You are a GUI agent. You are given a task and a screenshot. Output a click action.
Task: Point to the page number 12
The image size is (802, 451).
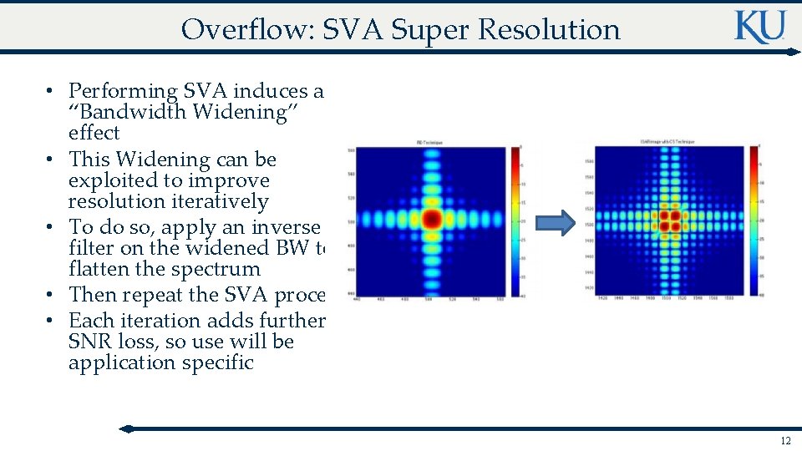[x=784, y=440]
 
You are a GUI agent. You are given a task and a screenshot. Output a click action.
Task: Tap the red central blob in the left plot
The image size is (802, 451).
[x=431, y=220]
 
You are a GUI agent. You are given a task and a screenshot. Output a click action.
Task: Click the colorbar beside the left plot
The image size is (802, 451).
[x=515, y=222]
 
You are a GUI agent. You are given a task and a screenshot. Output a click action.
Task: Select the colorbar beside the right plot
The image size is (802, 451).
[x=754, y=220]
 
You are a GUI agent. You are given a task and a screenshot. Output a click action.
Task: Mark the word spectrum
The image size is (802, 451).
[x=220, y=269]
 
